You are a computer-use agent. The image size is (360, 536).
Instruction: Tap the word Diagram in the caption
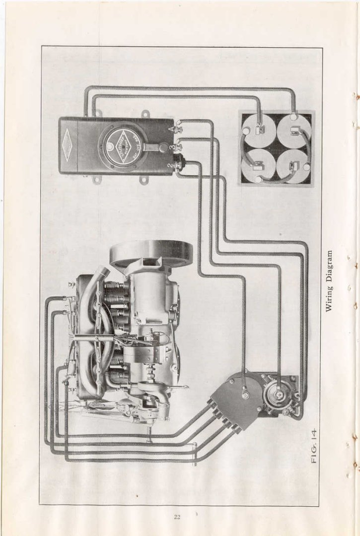328,268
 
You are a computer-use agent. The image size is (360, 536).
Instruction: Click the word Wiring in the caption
328,299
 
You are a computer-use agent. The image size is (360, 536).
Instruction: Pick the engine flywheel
151,253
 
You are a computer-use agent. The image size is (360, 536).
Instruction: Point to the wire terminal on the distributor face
245,395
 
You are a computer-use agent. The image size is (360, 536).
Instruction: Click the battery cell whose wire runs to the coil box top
259,130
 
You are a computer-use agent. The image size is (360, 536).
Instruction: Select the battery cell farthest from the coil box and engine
294,130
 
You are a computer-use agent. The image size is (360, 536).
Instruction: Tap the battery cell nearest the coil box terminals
259,165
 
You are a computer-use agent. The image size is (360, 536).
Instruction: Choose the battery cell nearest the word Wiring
294,165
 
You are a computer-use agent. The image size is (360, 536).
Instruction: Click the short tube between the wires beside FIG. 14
195,454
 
